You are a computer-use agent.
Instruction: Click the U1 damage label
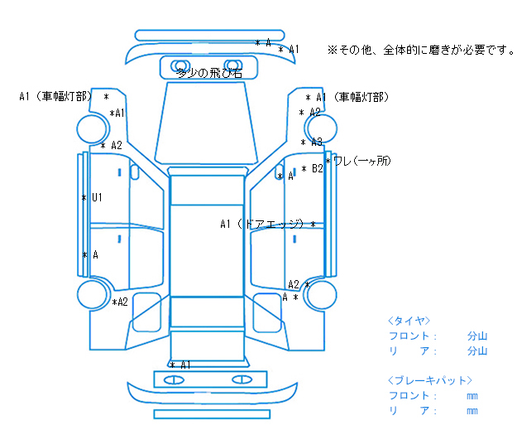click(97, 197)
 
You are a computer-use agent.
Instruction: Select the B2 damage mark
click(317, 168)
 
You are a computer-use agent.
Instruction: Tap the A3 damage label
click(317, 142)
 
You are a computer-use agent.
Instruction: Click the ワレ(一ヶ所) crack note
click(362, 161)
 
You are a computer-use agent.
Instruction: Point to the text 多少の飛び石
click(210, 73)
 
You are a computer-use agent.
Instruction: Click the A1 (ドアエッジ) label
click(261, 224)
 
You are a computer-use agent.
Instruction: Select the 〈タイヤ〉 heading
click(409, 321)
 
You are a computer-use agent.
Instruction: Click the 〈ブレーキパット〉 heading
click(430, 380)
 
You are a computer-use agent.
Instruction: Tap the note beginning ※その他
click(421, 51)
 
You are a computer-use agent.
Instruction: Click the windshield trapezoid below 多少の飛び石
click(207, 123)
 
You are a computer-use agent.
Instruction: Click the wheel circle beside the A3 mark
click(321, 128)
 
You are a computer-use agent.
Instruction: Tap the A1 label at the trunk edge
click(185, 365)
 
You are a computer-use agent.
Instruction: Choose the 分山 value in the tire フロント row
click(477, 336)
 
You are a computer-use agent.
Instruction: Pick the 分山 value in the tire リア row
click(477, 350)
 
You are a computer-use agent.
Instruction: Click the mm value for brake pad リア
click(472, 411)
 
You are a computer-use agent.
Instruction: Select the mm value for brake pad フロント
click(472, 396)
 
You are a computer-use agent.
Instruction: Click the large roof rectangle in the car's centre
click(207, 251)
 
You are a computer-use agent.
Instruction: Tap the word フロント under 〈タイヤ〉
click(409, 336)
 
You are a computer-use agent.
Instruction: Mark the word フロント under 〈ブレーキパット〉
click(409, 395)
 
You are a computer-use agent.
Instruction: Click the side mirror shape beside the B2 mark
click(279, 172)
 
